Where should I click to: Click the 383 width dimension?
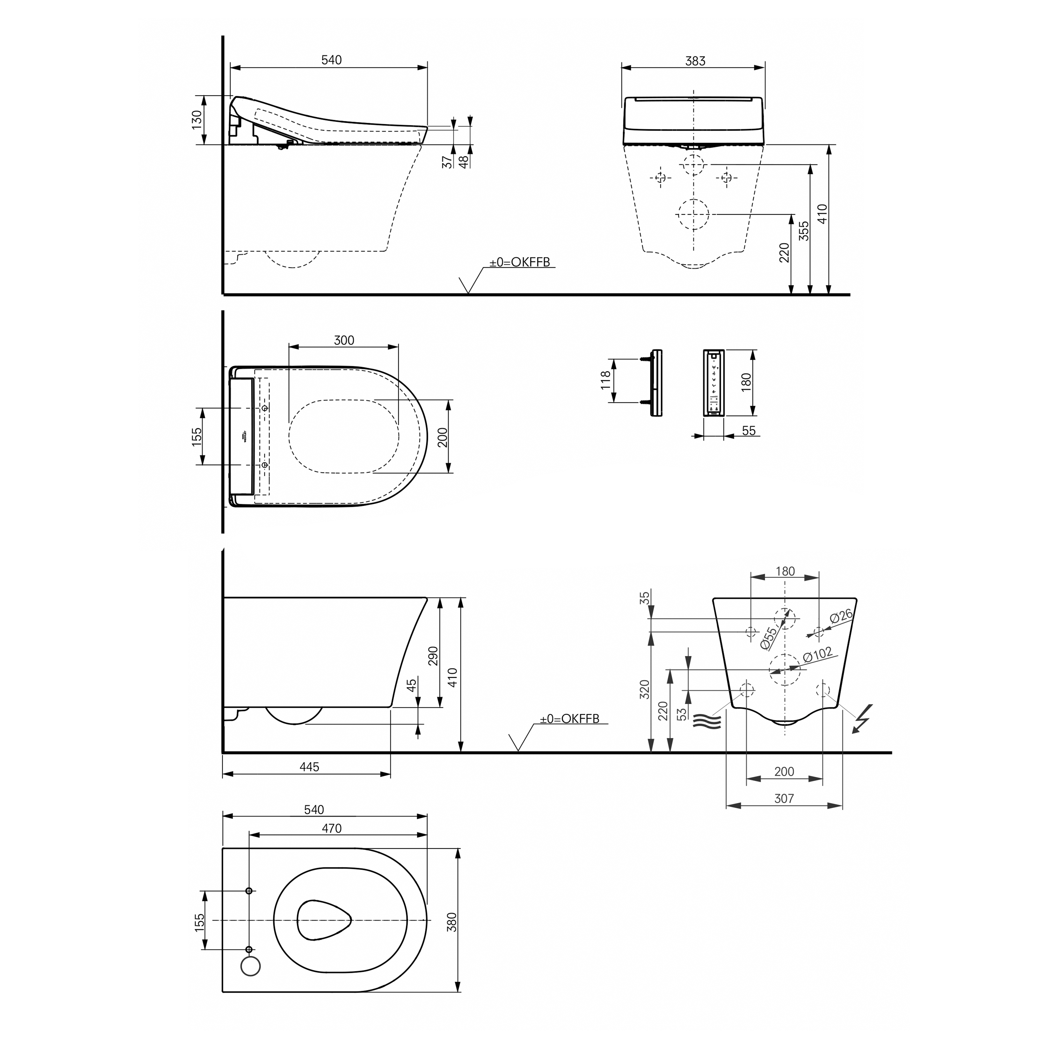point(695,61)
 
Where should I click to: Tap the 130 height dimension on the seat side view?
point(196,120)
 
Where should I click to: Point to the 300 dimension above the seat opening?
point(344,340)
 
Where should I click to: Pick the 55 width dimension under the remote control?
point(749,431)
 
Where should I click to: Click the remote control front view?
point(714,383)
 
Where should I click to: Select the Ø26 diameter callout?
point(841,617)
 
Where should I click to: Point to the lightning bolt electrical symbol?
point(863,718)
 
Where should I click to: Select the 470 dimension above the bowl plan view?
point(332,828)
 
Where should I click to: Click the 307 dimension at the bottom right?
point(784,799)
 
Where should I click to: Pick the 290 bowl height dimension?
point(433,657)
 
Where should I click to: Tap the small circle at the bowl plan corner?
point(250,966)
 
